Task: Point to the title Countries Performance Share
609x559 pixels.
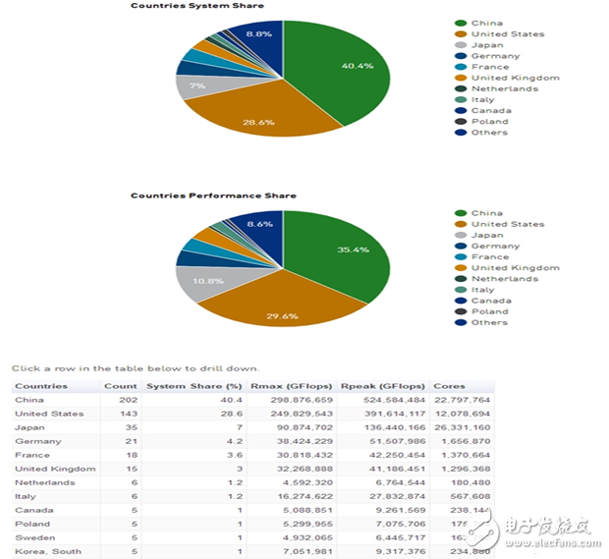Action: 199,196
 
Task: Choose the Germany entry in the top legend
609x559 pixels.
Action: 495,56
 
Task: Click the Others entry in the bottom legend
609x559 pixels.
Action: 489,322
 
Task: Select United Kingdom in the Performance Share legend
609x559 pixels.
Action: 515,267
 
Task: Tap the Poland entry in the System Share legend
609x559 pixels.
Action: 490,122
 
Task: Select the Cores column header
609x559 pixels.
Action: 449,386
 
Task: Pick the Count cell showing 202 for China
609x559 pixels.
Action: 126,400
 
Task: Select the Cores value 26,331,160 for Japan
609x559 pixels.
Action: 462,427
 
